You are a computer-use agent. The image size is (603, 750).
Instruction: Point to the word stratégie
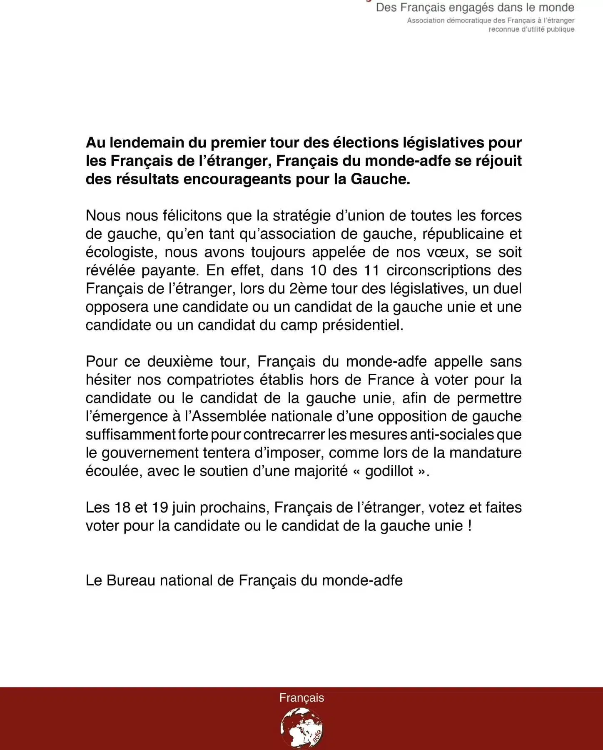coord(304,215)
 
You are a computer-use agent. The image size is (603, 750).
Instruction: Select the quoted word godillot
coord(389,471)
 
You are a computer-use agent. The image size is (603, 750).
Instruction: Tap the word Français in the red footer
coord(301,698)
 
